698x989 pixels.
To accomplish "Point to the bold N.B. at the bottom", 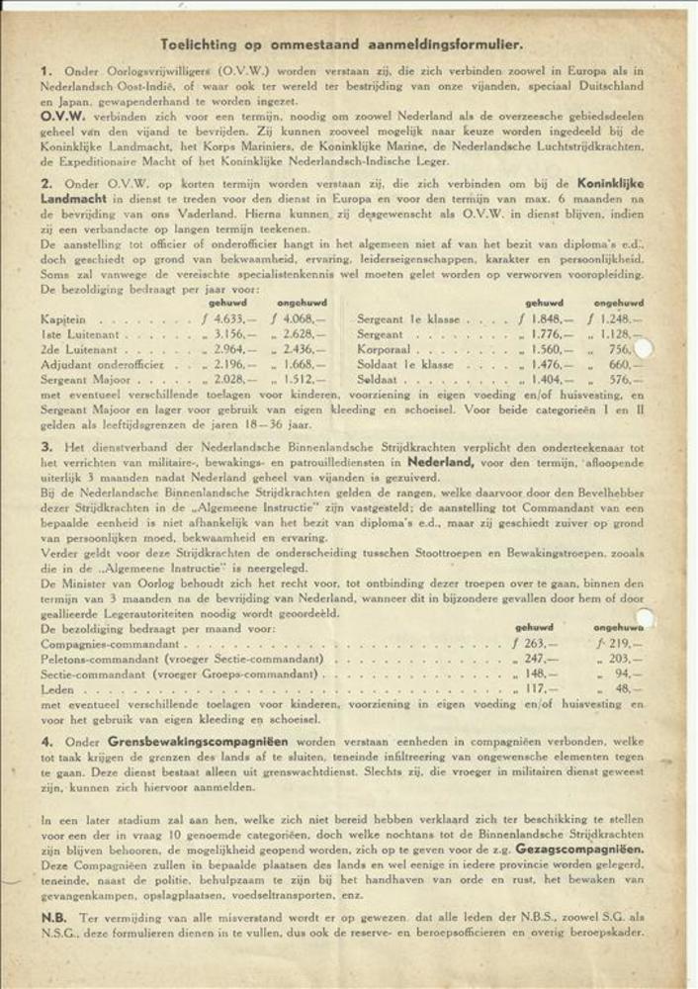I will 53,918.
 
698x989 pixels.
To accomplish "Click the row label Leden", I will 58,688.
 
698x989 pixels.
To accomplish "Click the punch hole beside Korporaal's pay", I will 644,348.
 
